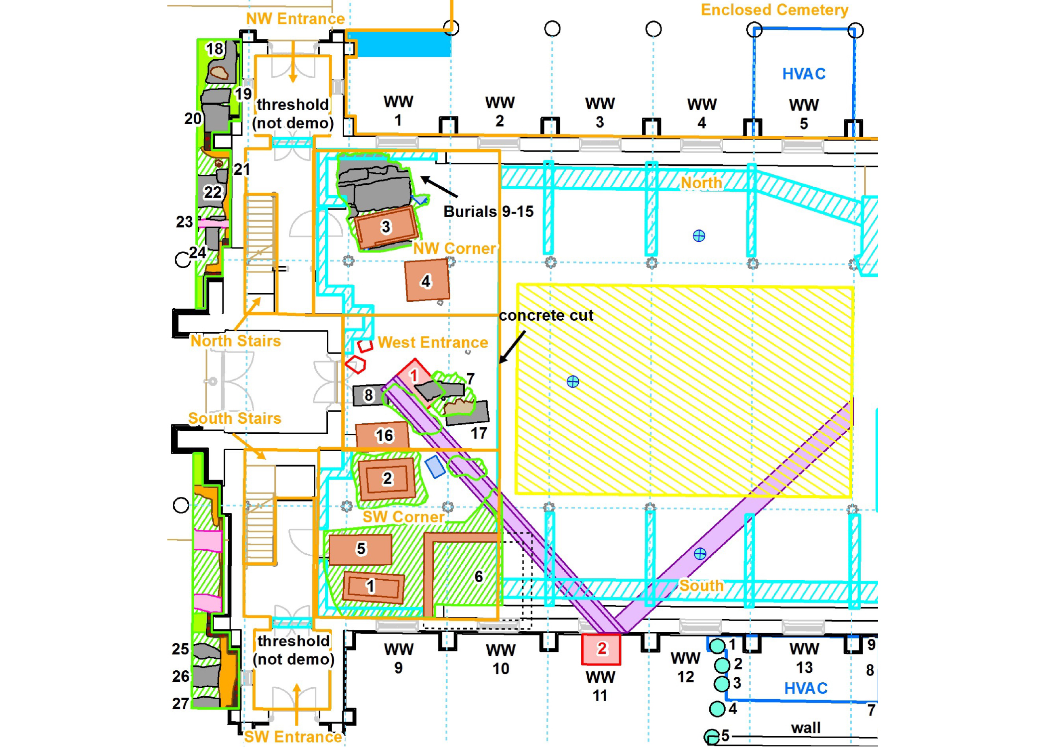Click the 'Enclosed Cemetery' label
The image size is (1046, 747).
coord(775,10)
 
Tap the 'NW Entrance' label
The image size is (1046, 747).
coord(295,19)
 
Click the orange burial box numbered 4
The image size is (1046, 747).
coord(427,280)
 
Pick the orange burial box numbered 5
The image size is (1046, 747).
coord(360,549)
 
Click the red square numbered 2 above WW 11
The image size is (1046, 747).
coord(601,649)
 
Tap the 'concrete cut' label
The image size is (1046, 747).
coord(546,315)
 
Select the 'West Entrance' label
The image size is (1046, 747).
coord(433,343)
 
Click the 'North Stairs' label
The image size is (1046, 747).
coord(236,341)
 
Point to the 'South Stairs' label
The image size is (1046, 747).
coord(235,418)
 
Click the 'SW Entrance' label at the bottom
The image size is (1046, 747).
coord(293,737)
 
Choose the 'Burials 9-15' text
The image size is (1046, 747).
coord(488,212)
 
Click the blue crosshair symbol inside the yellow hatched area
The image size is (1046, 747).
coord(573,382)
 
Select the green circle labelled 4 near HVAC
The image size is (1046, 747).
coord(717,709)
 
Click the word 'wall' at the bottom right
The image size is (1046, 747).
coord(805,728)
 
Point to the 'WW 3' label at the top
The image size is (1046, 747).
coord(600,113)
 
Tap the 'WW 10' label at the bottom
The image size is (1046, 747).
coord(501,659)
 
